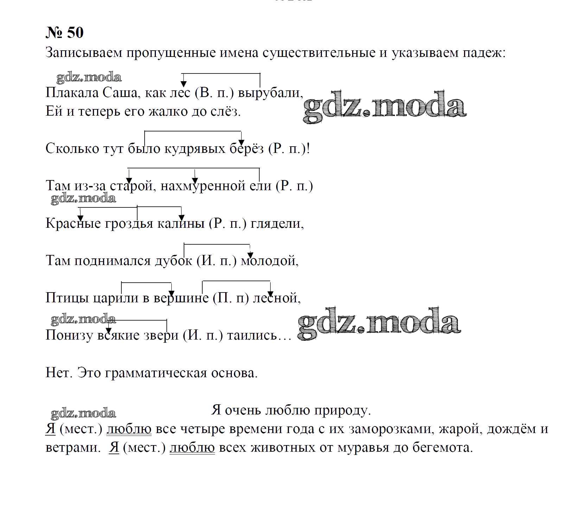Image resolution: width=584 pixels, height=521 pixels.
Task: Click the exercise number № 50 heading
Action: click(x=65, y=33)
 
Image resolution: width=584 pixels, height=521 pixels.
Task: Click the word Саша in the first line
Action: click(x=120, y=93)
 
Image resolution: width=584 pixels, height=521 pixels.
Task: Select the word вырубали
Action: click(x=270, y=94)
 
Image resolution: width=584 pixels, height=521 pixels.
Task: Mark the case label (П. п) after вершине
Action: click(x=231, y=298)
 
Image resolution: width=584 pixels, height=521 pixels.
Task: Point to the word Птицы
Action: click(x=68, y=298)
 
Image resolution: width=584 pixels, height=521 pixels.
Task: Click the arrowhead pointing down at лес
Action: click(x=183, y=84)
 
